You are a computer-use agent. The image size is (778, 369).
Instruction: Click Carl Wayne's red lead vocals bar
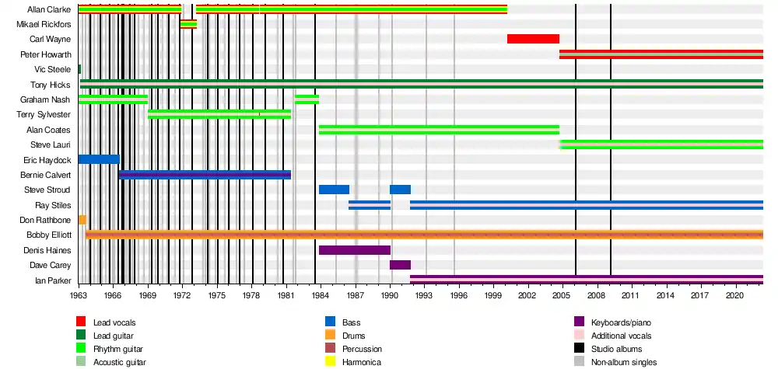coord(533,39)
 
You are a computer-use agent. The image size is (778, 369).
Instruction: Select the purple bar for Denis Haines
coord(354,250)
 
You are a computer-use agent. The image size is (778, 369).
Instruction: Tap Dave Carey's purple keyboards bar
coord(400,265)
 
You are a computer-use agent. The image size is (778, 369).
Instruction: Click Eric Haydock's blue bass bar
coord(99,159)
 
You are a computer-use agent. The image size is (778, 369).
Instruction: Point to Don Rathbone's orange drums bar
coord(82,220)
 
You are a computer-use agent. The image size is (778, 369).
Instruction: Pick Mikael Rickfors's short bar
coord(188,24)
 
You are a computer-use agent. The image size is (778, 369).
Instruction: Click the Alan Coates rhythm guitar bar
coord(439,129)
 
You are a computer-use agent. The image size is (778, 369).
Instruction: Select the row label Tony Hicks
coord(51,85)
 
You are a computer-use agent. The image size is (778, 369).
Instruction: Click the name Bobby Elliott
coord(49,235)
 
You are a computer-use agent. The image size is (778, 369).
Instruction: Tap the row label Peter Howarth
coord(46,54)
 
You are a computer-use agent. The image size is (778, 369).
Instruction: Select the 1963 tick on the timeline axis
coord(79,296)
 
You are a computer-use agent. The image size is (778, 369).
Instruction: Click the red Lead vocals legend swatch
coord(81,322)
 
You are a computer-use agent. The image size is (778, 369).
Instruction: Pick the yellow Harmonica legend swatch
coord(330,362)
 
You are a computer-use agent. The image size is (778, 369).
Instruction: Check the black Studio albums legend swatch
coord(579,349)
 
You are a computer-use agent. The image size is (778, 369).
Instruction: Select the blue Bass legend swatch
coord(330,322)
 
